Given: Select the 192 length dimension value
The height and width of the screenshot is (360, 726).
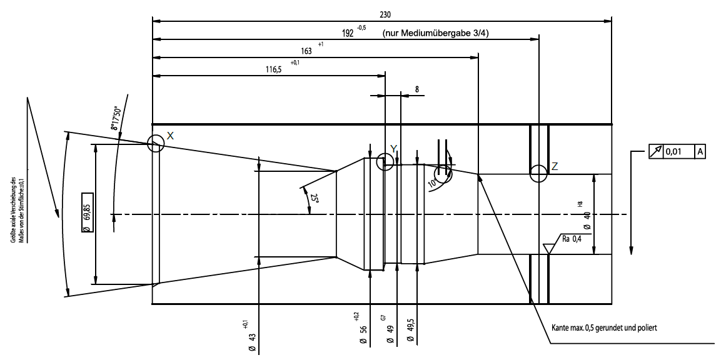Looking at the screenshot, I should point(348,34).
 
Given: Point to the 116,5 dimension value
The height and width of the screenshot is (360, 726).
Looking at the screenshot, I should point(274,70).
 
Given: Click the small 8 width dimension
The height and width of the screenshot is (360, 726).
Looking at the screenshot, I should point(417,89).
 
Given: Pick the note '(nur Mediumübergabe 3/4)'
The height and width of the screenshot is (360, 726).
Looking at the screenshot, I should point(435,34).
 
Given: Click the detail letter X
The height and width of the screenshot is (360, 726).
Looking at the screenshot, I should point(170,136).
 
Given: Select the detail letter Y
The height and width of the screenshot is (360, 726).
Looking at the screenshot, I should point(393,148).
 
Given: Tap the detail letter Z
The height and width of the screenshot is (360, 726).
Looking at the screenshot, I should point(555,166).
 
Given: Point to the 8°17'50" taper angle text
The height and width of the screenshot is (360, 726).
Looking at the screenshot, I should point(116,117).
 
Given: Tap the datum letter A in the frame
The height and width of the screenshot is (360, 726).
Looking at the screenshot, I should point(700,151).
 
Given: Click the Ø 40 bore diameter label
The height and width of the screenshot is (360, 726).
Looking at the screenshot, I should point(587,219).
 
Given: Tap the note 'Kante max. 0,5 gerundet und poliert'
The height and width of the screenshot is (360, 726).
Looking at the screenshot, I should point(603,327).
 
